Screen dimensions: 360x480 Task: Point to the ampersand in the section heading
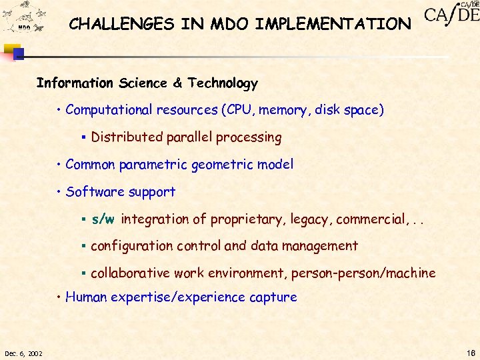(x=177, y=83)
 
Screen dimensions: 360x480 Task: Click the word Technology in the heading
(x=223, y=83)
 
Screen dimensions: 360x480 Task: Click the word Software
(x=93, y=192)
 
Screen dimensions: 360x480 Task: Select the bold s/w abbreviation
(x=103, y=219)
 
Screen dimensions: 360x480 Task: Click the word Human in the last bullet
(x=85, y=297)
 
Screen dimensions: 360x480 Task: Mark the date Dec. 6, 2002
(x=23, y=353)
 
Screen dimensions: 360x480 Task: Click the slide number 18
(x=469, y=353)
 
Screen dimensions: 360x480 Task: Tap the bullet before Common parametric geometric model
(x=59, y=165)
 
